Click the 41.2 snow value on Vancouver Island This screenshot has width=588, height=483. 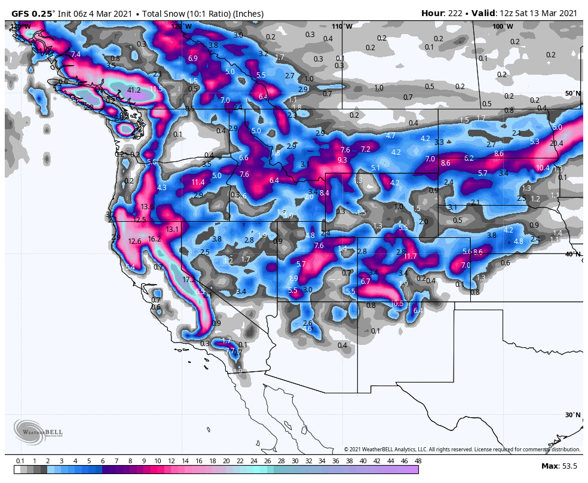click(134, 90)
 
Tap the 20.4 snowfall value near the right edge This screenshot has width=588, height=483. click(556, 143)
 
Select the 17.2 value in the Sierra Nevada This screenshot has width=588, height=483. click(189, 279)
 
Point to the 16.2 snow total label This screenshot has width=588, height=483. click(155, 239)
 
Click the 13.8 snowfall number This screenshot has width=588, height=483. click(148, 206)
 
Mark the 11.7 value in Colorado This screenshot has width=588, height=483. click(410, 256)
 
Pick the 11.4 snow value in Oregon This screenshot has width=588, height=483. click(198, 182)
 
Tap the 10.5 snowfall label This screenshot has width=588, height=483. click(397, 303)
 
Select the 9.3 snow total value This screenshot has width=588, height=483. click(342, 160)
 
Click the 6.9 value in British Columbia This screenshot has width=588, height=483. click(192, 59)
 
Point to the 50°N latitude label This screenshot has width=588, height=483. click(572, 93)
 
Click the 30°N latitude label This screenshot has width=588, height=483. click(572, 415)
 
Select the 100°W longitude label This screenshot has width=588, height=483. click(502, 26)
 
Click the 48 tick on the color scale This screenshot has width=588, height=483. click(418, 461)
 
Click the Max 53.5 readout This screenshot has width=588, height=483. click(558, 466)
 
